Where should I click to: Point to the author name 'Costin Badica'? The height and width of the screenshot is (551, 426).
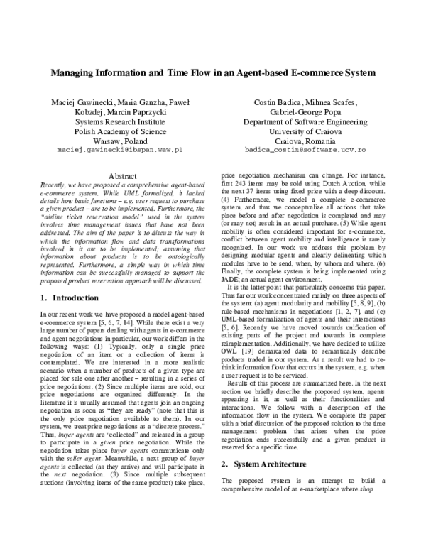click(279, 102)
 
